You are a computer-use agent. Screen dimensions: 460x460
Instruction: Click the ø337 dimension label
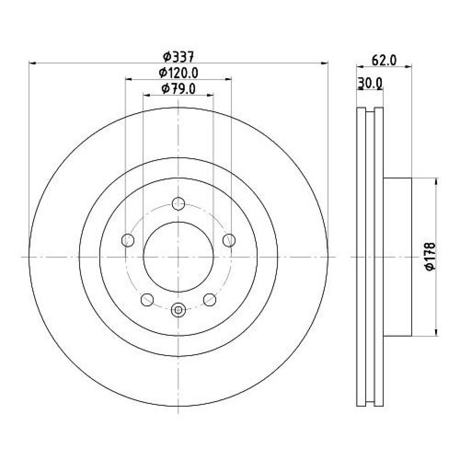click(178, 57)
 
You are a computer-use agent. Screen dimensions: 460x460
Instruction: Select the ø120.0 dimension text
click(178, 73)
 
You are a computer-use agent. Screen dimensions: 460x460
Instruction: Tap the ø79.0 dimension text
click(178, 89)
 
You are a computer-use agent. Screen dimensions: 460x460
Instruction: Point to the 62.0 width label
click(384, 61)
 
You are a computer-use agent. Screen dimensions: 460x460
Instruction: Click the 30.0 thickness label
click(370, 83)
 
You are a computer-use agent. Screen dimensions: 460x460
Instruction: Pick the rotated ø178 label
click(430, 257)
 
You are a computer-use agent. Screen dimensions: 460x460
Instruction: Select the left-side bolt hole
click(128, 240)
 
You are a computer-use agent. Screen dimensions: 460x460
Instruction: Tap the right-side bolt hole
click(229, 240)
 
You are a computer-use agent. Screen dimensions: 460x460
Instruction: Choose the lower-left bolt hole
click(147, 299)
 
